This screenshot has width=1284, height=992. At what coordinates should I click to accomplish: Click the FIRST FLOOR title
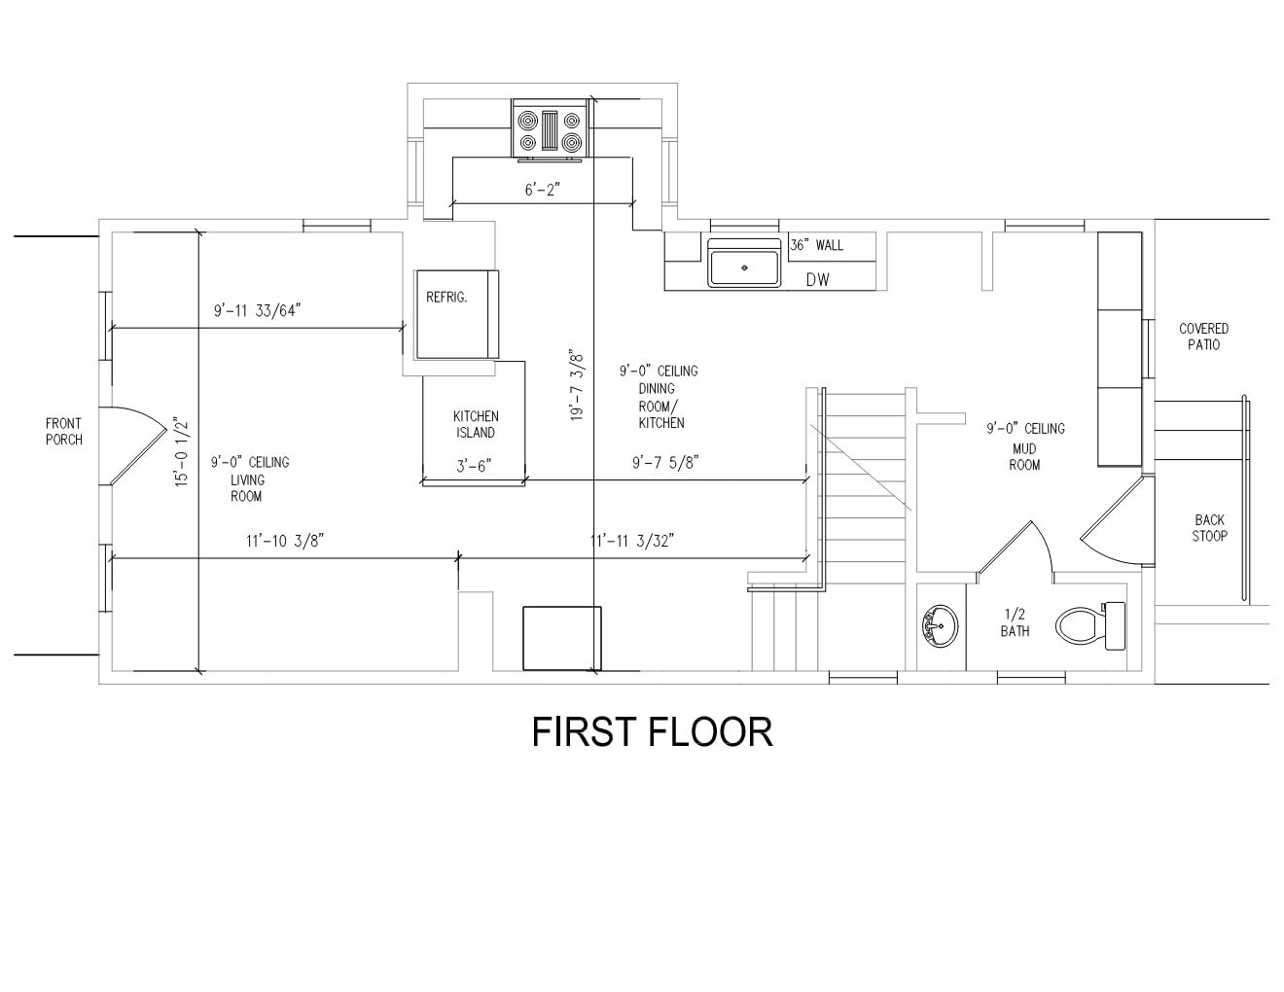tap(652, 732)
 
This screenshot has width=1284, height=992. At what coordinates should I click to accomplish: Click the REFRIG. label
tap(446, 298)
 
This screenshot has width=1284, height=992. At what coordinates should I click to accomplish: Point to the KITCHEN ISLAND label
tap(476, 424)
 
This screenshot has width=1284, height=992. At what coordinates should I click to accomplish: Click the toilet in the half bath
tap(1088, 624)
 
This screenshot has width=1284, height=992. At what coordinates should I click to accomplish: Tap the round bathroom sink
tap(939, 625)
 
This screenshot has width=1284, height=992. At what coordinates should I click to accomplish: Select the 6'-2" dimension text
tap(544, 190)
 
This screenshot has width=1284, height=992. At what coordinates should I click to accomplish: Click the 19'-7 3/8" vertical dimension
tap(577, 384)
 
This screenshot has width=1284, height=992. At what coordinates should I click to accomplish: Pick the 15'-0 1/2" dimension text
tap(182, 452)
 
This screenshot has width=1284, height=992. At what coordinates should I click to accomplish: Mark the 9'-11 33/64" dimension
tap(258, 311)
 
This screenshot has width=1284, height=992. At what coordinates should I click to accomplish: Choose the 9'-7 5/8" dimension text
tap(665, 462)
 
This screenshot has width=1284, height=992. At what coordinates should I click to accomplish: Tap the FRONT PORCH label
tap(64, 431)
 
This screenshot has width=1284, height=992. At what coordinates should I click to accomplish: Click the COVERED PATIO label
tap(1203, 337)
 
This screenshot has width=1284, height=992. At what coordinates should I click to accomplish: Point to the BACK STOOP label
tap(1209, 527)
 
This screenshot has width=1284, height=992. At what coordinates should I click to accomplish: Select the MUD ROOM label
tap(1024, 457)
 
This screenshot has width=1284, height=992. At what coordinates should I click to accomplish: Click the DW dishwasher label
tap(816, 280)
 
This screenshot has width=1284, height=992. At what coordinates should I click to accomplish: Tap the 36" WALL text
tap(817, 245)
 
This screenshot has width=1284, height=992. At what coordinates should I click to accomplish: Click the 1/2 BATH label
tap(1015, 622)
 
